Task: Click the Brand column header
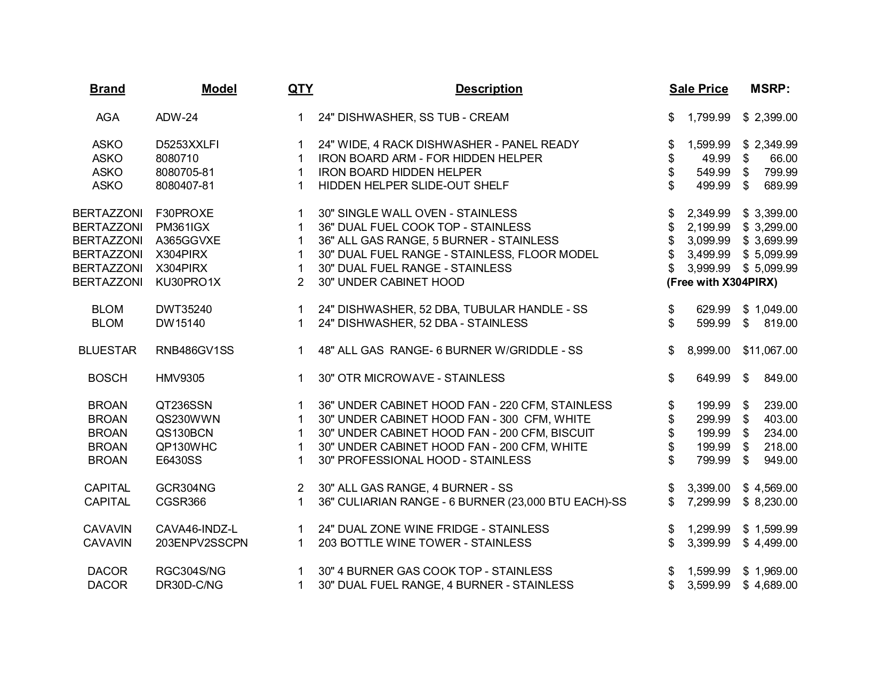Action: [107, 89]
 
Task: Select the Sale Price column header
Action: [698, 89]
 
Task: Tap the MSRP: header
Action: [770, 89]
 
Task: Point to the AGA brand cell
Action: [107, 117]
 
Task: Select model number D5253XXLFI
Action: [187, 145]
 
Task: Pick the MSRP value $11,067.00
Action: [770, 350]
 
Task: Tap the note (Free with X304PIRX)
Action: [722, 282]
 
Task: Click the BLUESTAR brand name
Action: [107, 350]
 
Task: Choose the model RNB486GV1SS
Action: [195, 350]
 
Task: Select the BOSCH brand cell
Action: [107, 378]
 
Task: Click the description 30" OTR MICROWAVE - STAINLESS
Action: [411, 378]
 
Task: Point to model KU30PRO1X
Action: [188, 282]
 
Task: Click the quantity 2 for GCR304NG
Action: [300, 488]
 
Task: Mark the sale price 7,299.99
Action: [708, 502]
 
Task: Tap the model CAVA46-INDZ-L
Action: [196, 529]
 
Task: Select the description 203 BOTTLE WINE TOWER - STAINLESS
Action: [425, 543]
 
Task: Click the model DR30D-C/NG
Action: [189, 585]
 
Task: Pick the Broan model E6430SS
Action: [179, 460]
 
